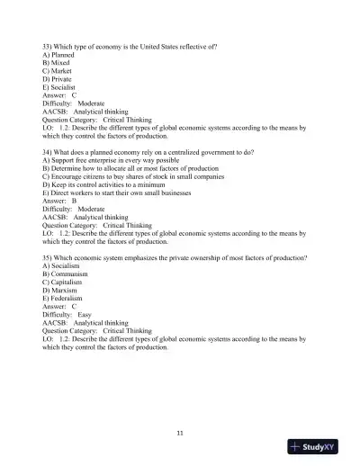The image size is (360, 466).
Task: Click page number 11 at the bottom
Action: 180,435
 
